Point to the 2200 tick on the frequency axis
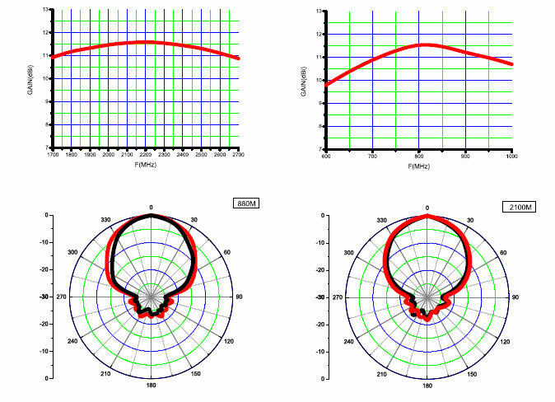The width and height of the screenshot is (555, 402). pos(146,153)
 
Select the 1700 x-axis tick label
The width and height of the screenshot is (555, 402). pos(53,153)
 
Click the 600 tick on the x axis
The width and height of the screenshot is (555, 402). pos(326,155)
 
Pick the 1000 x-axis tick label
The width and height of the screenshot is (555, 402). pos(511,155)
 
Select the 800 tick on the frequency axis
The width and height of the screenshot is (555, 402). pos(419,155)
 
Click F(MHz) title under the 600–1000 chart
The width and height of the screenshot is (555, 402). pos(418,166)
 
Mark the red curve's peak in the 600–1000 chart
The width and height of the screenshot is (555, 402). pos(423,44)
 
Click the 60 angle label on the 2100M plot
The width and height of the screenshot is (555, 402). pos(504,252)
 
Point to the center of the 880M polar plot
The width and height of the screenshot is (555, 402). pos(151,297)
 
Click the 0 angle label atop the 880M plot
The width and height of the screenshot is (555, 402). pos(151,206)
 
